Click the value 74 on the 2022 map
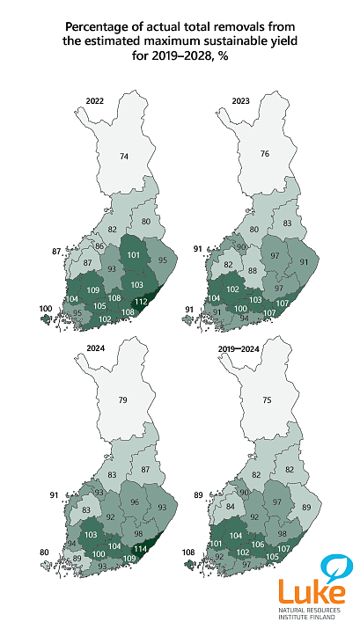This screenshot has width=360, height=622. point(125,156)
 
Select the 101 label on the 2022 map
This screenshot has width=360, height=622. point(134,255)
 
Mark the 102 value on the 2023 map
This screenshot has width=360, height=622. point(233,289)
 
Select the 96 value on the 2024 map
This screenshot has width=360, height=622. point(135,501)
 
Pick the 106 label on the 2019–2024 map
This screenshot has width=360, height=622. point(259,545)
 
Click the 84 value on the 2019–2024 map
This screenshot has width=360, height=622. point(231,507)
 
